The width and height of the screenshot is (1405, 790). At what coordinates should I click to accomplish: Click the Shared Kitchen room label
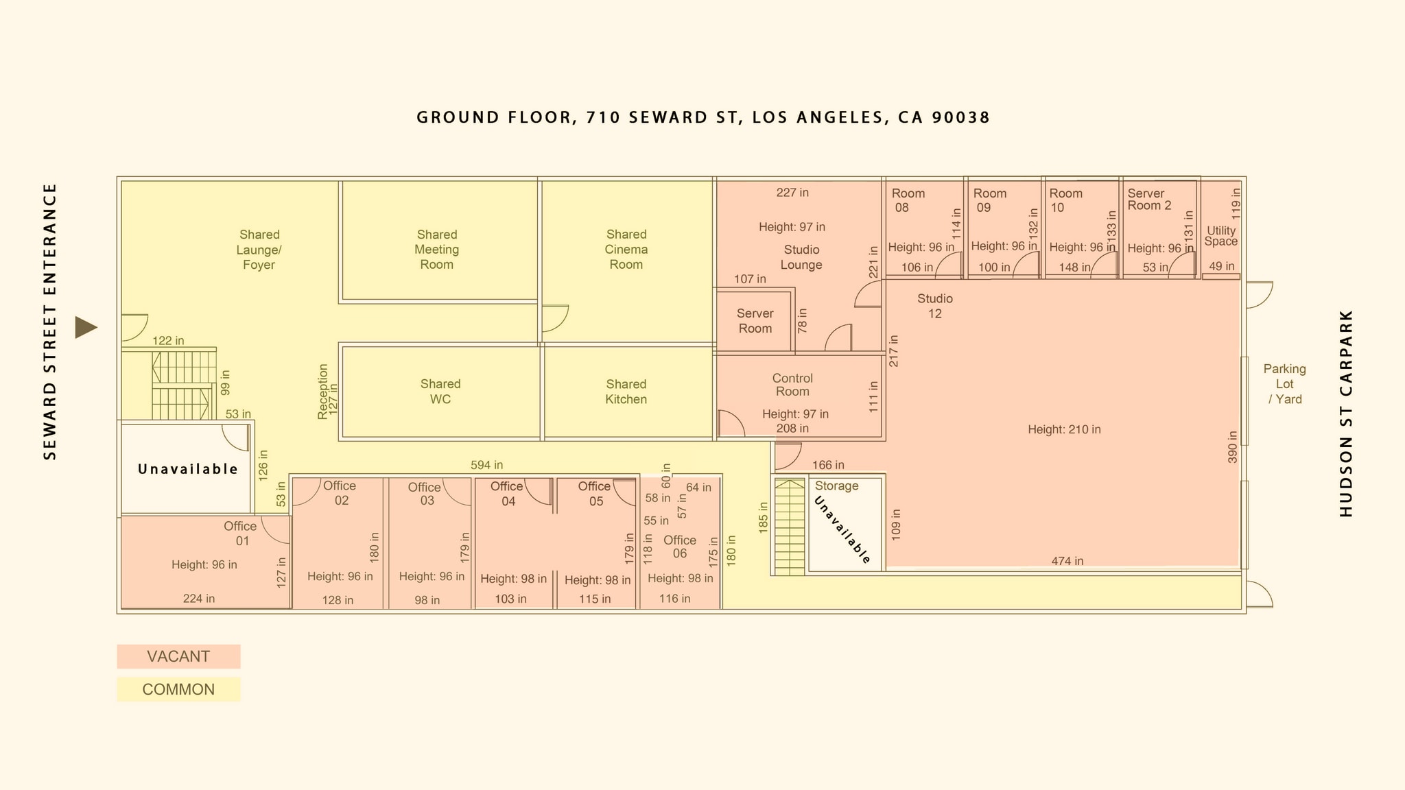pyautogui.click(x=626, y=392)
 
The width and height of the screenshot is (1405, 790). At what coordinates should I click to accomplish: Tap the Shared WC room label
pyautogui.click(x=440, y=392)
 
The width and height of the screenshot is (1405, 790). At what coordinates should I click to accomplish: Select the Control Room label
pyautogui.click(x=792, y=385)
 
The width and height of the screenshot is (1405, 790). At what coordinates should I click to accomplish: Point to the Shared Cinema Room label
pyautogui.click(x=626, y=250)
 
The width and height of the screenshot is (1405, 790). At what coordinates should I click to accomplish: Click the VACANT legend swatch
pyautogui.click(x=178, y=656)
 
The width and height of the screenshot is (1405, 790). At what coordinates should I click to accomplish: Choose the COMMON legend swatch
pyautogui.click(x=178, y=689)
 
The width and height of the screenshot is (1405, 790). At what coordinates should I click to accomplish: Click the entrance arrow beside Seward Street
pyautogui.click(x=86, y=327)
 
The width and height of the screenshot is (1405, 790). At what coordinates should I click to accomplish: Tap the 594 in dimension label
pyautogui.click(x=486, y=465)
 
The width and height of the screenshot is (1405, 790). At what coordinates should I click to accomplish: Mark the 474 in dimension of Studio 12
pyautogui.click(x=1067, y=561)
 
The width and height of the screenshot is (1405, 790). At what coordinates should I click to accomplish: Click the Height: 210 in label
pyautogui.click(x=1064, y=429)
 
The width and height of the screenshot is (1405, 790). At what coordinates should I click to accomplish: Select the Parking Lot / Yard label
pyautogui.click(x=1284, y=384)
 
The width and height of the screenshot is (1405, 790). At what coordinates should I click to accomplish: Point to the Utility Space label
pyautogui.click(x=1221, y=236)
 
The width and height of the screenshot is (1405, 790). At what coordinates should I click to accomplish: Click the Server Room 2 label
pyautogui.click(x=1149, y=200)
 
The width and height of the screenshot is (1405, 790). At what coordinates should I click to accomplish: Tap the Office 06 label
pyautogui.click(x=680, y=547)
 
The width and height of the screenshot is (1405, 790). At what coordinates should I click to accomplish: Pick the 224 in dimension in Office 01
pyautogui.click(x=199, y=599)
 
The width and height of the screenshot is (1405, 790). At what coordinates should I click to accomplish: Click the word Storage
pyautogui.click(x=836, y=486)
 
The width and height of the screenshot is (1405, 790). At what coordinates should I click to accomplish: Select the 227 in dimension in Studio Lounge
pyautogui.click(x=792, y=193)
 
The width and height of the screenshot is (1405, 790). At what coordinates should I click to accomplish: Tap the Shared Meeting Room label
pyautogui.click(x=437, y=250)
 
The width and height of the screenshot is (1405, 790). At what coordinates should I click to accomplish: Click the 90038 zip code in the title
pyautogui.click(x=961, y=117)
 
